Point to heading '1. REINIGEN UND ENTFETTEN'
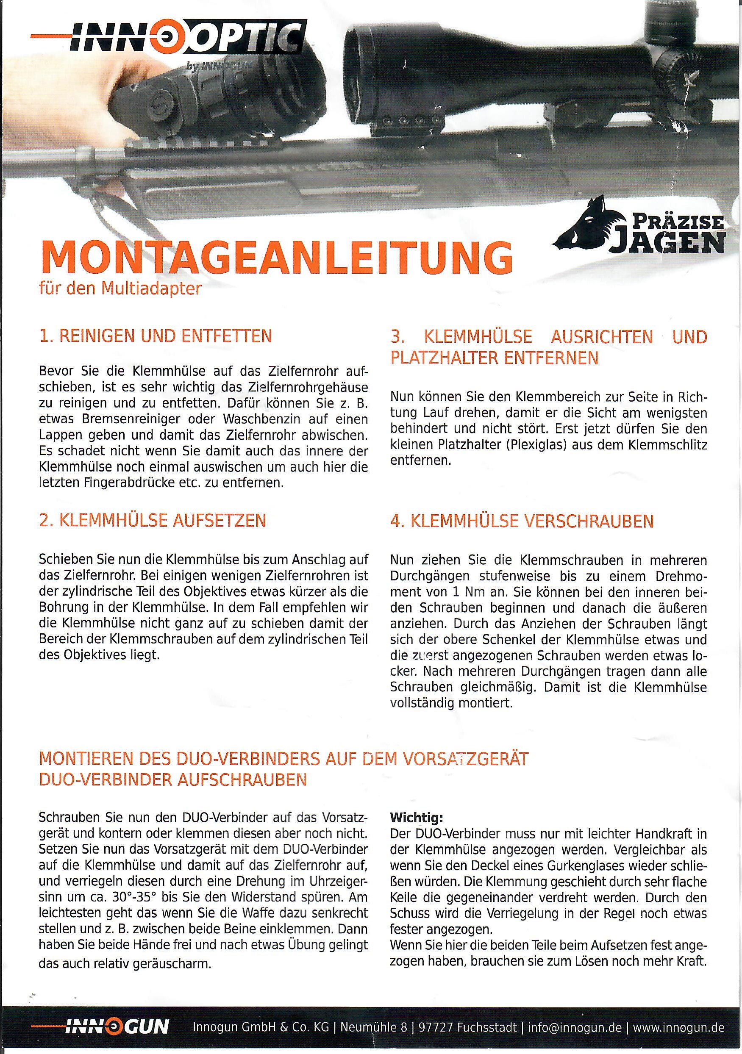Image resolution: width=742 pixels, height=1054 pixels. [156, 336]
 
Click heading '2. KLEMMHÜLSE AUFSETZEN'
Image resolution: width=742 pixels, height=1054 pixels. [153, 521]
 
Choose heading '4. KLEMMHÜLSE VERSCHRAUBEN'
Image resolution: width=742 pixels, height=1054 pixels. [522, 521]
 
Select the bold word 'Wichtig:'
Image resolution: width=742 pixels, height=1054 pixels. [417, 818]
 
